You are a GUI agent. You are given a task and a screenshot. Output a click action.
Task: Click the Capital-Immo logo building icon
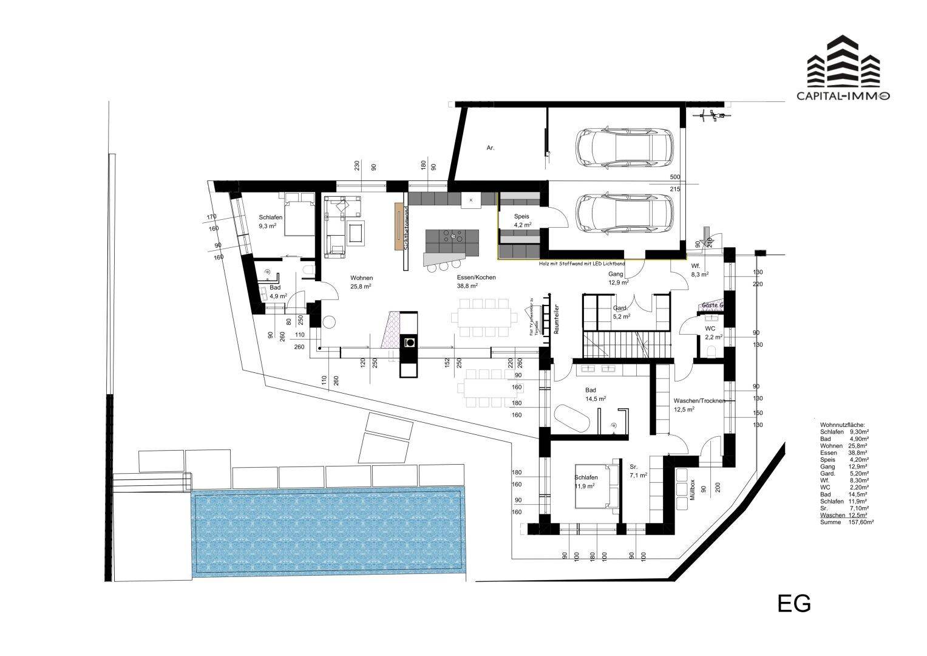coord(843,61)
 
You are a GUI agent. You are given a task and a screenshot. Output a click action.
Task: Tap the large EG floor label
coord(794,604)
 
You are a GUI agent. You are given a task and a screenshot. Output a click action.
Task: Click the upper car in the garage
coord(625,148)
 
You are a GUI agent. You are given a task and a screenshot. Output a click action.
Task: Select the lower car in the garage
coord(625,213)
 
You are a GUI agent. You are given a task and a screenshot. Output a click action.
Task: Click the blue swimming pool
coord(328,533)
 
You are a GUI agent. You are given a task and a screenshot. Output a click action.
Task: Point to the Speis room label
coord(522,216)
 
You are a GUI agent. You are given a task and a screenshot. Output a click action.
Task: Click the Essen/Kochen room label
coord(476,278)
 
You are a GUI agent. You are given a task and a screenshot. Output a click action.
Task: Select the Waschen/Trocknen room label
coord(699,401)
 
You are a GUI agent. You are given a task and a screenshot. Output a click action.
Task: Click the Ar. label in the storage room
coord(491,148)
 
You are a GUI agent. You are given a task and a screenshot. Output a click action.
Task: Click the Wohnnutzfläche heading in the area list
coord(842,425)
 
